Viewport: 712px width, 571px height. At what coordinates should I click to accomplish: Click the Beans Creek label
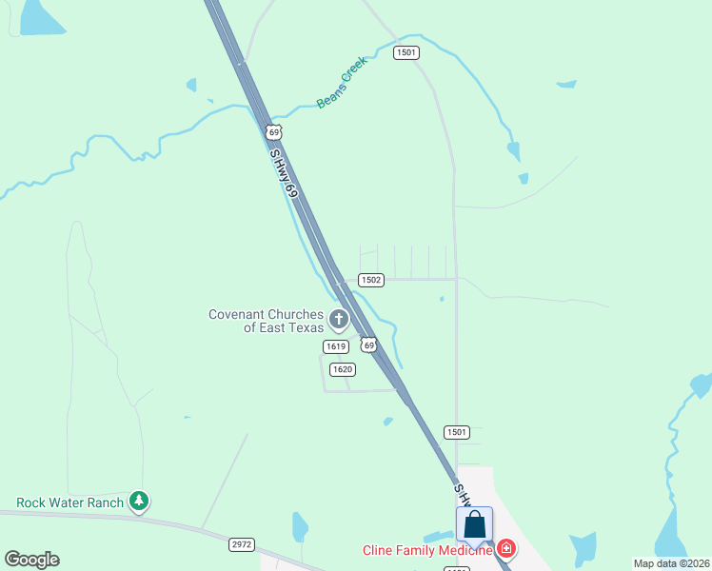342,82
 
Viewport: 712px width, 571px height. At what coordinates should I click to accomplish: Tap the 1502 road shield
371,280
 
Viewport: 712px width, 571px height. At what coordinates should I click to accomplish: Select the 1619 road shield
334,346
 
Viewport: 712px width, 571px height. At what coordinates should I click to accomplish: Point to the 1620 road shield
343,369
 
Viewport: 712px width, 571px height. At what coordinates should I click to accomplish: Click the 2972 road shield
242,544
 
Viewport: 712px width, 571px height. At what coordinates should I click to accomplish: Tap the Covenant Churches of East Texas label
267,321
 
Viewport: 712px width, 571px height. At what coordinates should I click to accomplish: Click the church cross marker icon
339,318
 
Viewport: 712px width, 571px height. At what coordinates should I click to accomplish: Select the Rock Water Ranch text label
70,502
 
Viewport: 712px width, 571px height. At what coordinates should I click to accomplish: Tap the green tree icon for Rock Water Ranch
140,501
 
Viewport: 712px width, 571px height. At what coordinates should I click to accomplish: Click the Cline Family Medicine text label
427,550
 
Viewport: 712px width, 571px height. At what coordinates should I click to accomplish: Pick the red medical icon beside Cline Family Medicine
507,549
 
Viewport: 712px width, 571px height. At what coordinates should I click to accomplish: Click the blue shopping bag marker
474,525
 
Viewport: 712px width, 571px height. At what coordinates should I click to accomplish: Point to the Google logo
31,560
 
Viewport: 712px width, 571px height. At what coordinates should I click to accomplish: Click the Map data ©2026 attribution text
671,563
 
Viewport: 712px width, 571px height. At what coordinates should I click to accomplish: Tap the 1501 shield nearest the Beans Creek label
406,52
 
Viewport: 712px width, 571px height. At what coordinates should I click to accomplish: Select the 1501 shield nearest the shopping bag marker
457,432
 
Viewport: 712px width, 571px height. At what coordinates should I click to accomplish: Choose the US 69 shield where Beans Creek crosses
274,131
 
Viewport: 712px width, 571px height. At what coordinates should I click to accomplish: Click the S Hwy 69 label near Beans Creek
284,172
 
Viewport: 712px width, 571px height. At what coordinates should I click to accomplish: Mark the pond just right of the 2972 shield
301,526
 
